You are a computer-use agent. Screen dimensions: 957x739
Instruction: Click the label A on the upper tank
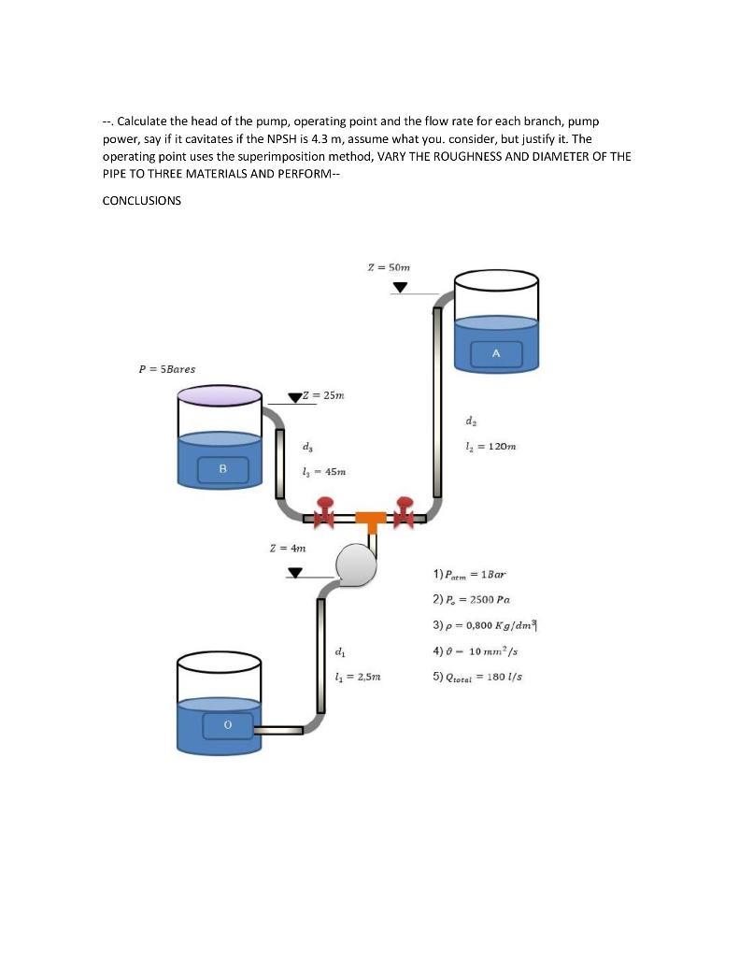tap(495, 353)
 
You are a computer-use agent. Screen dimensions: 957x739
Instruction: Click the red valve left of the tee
tap(325, 515)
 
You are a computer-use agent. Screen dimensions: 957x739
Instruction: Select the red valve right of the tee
tap(405, 513)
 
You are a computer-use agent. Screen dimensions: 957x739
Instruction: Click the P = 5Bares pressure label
tap(166, 368)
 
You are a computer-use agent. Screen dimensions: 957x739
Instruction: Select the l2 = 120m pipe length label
tap(493, 447)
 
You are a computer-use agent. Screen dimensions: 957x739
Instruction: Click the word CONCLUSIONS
tap(141, 200)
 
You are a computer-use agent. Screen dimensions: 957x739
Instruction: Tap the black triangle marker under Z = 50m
tap(400, 288)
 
